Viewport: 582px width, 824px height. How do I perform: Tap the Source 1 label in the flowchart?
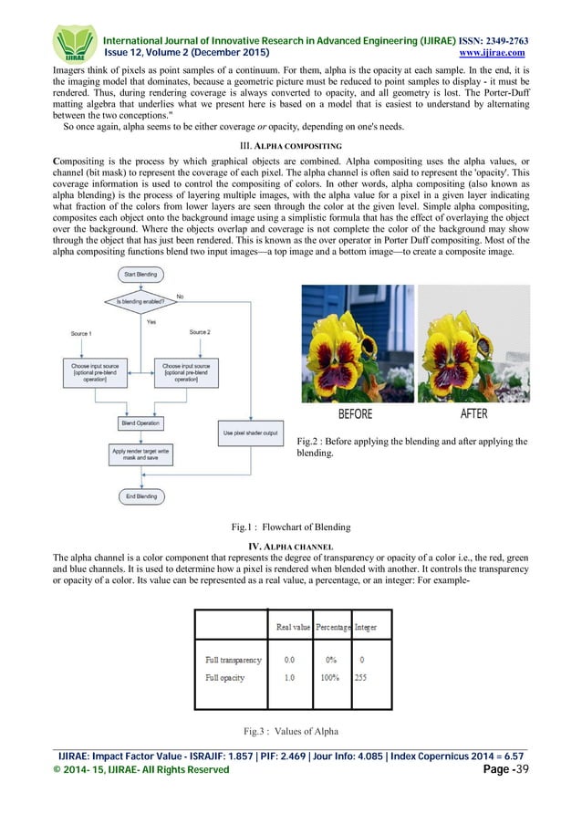pos(80,334)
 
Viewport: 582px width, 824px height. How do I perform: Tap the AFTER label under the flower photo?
pos(474,413)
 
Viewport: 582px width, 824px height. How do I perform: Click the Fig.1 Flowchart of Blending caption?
pos(291,528)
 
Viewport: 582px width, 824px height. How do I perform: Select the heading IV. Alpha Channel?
pos(290,544)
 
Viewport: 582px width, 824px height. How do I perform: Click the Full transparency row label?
pos(234,660)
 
